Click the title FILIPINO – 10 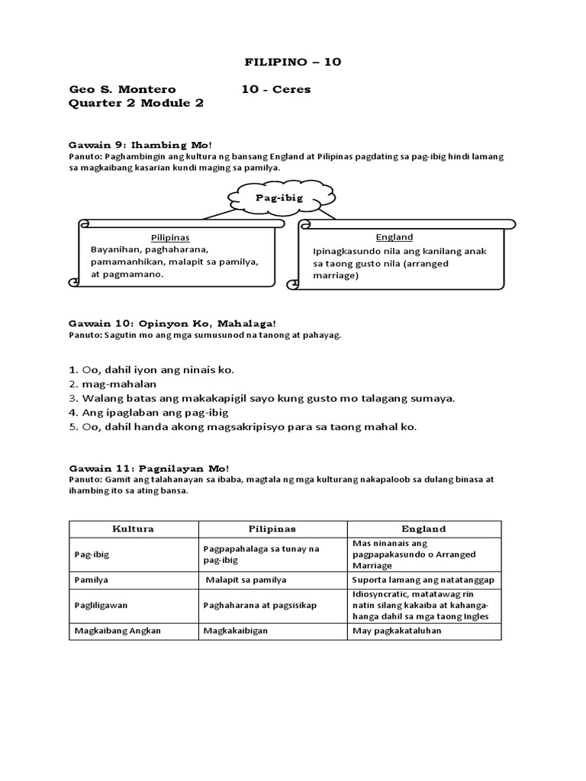292,62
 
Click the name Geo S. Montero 122,89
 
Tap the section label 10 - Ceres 275,89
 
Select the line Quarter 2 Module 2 136,104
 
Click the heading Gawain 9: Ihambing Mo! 140,144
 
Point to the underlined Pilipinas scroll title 169,237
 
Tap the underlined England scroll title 394,237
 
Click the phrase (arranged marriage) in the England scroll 381,270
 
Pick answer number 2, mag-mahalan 112,384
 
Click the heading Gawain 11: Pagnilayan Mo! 148,468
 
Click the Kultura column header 134,529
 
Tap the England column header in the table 423,529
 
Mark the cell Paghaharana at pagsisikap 259,606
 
